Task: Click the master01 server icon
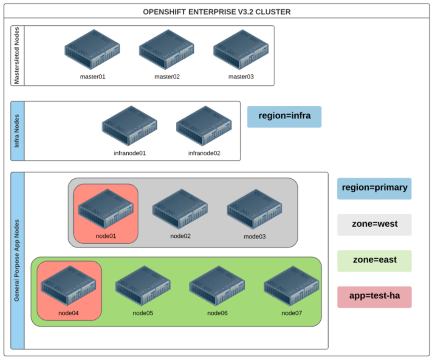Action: (92, 50)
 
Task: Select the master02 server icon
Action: (167, 50)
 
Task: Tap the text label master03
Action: (241, 77)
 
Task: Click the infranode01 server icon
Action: (130, 126)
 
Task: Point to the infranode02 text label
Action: (204, 153)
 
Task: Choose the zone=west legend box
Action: (374, 224)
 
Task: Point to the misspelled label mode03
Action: (254, 236)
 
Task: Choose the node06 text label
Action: (217, 313)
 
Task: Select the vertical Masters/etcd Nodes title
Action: (17, 56)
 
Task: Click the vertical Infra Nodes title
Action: (17, 131)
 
